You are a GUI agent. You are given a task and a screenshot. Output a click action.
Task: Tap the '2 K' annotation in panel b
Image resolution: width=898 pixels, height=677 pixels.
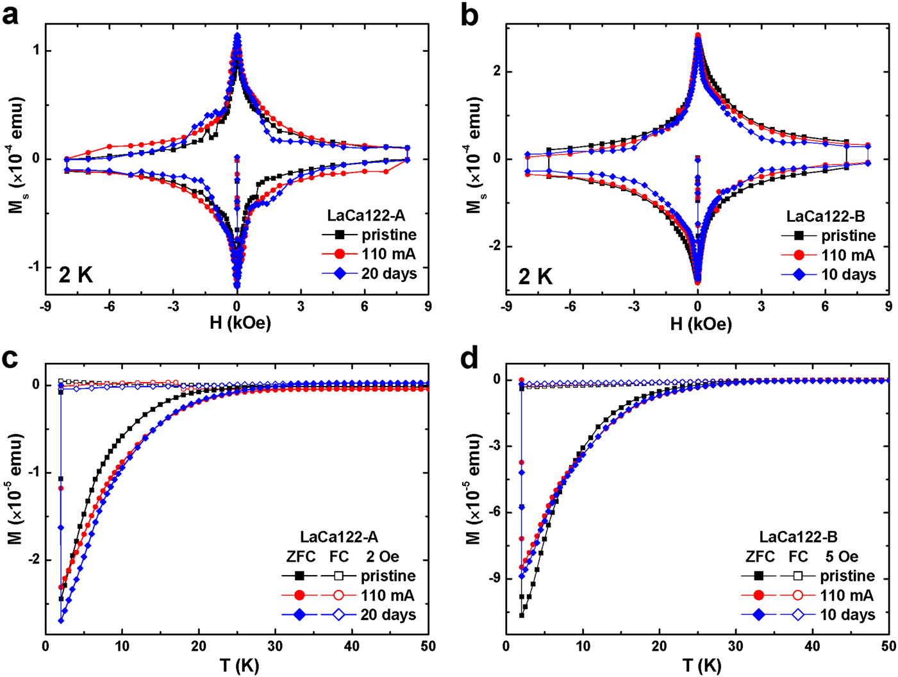[536, 276]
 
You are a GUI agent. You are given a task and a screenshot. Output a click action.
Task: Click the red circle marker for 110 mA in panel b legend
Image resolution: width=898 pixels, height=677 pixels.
[798, 255]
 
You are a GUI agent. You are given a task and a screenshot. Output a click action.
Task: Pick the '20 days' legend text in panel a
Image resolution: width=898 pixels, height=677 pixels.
[389, 274]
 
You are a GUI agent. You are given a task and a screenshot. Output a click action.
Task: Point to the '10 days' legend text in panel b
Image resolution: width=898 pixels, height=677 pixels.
[848, 274]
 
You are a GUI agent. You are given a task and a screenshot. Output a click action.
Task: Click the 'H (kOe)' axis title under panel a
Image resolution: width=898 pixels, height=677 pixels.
[240, 324]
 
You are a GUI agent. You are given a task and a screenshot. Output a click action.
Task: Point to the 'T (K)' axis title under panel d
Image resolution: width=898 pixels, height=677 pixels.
[699, 666]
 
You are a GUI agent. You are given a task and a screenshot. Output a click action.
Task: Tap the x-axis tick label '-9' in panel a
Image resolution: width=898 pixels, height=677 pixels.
[46, 307]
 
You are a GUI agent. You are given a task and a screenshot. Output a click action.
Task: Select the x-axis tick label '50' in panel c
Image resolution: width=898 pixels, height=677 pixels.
[428, 648]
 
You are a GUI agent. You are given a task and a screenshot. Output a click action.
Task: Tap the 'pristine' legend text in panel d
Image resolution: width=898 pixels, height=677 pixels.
[847, 576]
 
